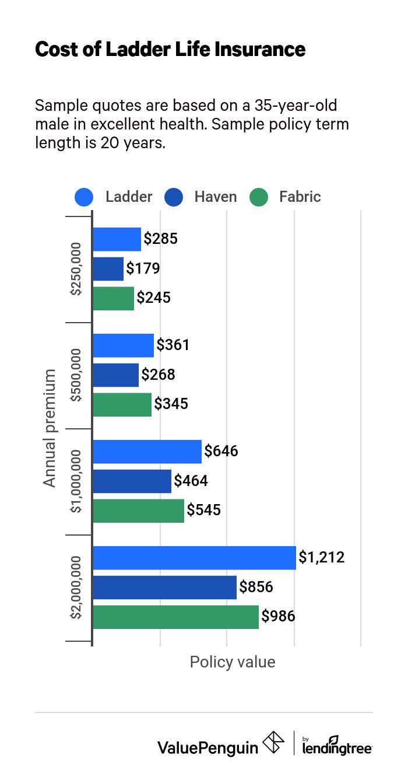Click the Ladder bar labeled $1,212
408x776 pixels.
click(194, 557)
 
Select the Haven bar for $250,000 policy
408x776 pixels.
click(108, 269)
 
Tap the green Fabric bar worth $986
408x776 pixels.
click(175, 617)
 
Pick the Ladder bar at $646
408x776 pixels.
click(147, 452)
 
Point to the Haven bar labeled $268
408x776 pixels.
click(115, 375)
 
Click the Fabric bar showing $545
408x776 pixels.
click(138, 511)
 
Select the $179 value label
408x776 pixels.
click(143, 269)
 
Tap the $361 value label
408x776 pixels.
click(173, 345)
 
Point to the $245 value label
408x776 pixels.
click(154, 298)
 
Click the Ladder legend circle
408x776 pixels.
click(85, 197)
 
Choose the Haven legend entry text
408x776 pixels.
click(216, 197)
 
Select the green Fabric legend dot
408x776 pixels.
click(258, 197)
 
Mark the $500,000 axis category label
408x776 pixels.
click(76, 375)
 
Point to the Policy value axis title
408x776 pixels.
click(233, 662)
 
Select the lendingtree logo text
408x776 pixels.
click(337, 747)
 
